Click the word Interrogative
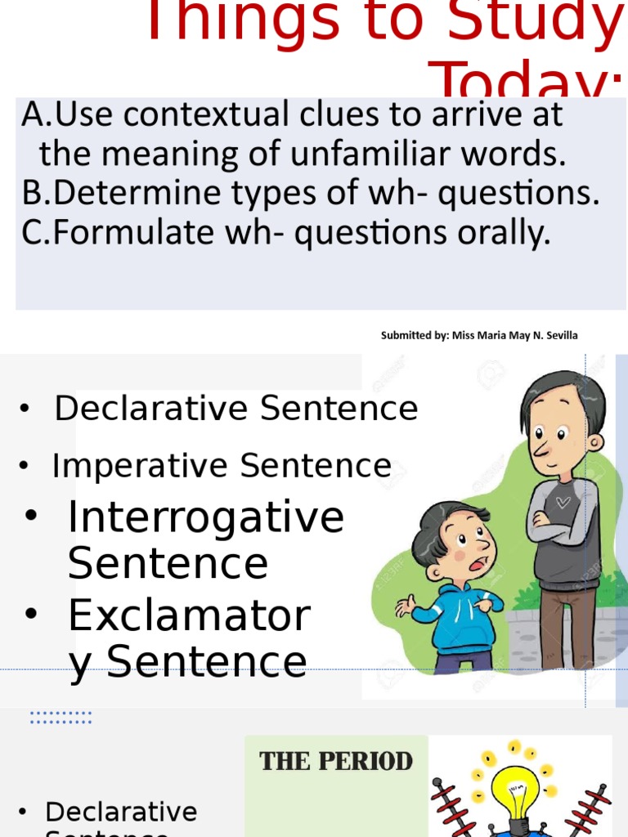[205, 517]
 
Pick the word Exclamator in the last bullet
[189, 615]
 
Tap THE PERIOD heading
[336, 761]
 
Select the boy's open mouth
[482, 563]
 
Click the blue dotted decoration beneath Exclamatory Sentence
[61, 718]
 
